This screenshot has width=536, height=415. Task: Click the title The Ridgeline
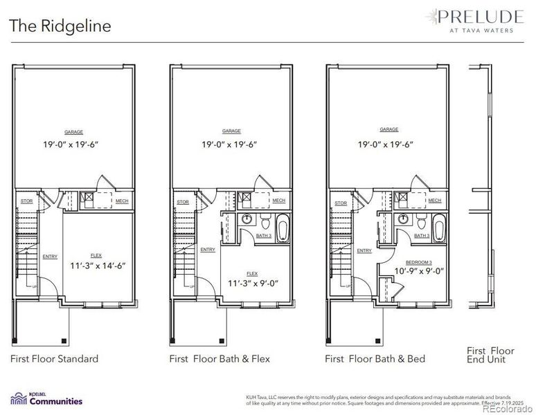pyautogui.click(x=60, y=26)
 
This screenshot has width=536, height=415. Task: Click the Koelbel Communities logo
pyautogui.click(x=46, y=398)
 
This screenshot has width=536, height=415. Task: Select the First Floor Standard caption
pyautogui.click(x=54, y=358)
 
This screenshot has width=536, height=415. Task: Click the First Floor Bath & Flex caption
pyautogui.click(x=220, y=358)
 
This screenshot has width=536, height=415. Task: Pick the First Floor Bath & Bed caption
pyautogui.click(x=375, y=358)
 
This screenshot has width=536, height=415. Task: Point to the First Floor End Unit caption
pyautogui.click(x=490, y=355)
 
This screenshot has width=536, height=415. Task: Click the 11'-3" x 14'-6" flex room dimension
pyautogui.click(x=98, y=265)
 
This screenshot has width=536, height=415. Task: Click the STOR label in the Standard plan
pyautogui.click(x=26, y=203)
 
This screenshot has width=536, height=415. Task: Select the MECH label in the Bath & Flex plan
pyautogui.click(x=278, y=201)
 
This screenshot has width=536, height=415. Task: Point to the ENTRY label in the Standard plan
pyautogui.click(x=50, y=257)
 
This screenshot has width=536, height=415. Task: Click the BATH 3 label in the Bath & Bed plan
pyautogui.click(x=422, y=236)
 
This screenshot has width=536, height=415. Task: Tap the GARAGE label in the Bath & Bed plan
pyautogui.click(x=389, y=129)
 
